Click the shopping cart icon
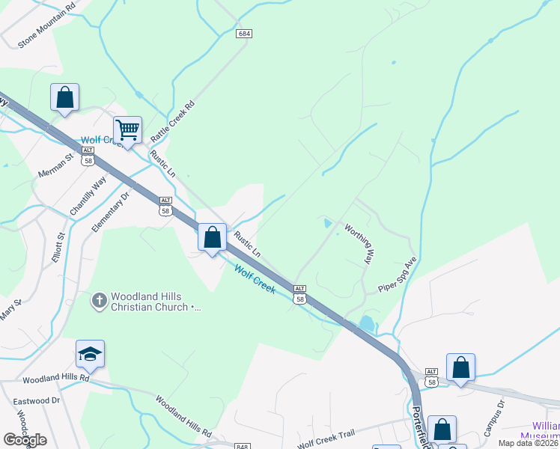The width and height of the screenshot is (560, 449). click(x=127, y=130)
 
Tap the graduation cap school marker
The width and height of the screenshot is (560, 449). click(x=90, y=354)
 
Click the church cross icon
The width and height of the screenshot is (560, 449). click(x=99, y=301)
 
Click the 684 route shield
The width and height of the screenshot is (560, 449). click(x=243, y=34)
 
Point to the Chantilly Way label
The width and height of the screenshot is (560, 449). click(x=88, y=197)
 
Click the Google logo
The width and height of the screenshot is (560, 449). click(x=25, y=440)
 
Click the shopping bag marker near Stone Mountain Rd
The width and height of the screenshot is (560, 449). click(x=64, y=97)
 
